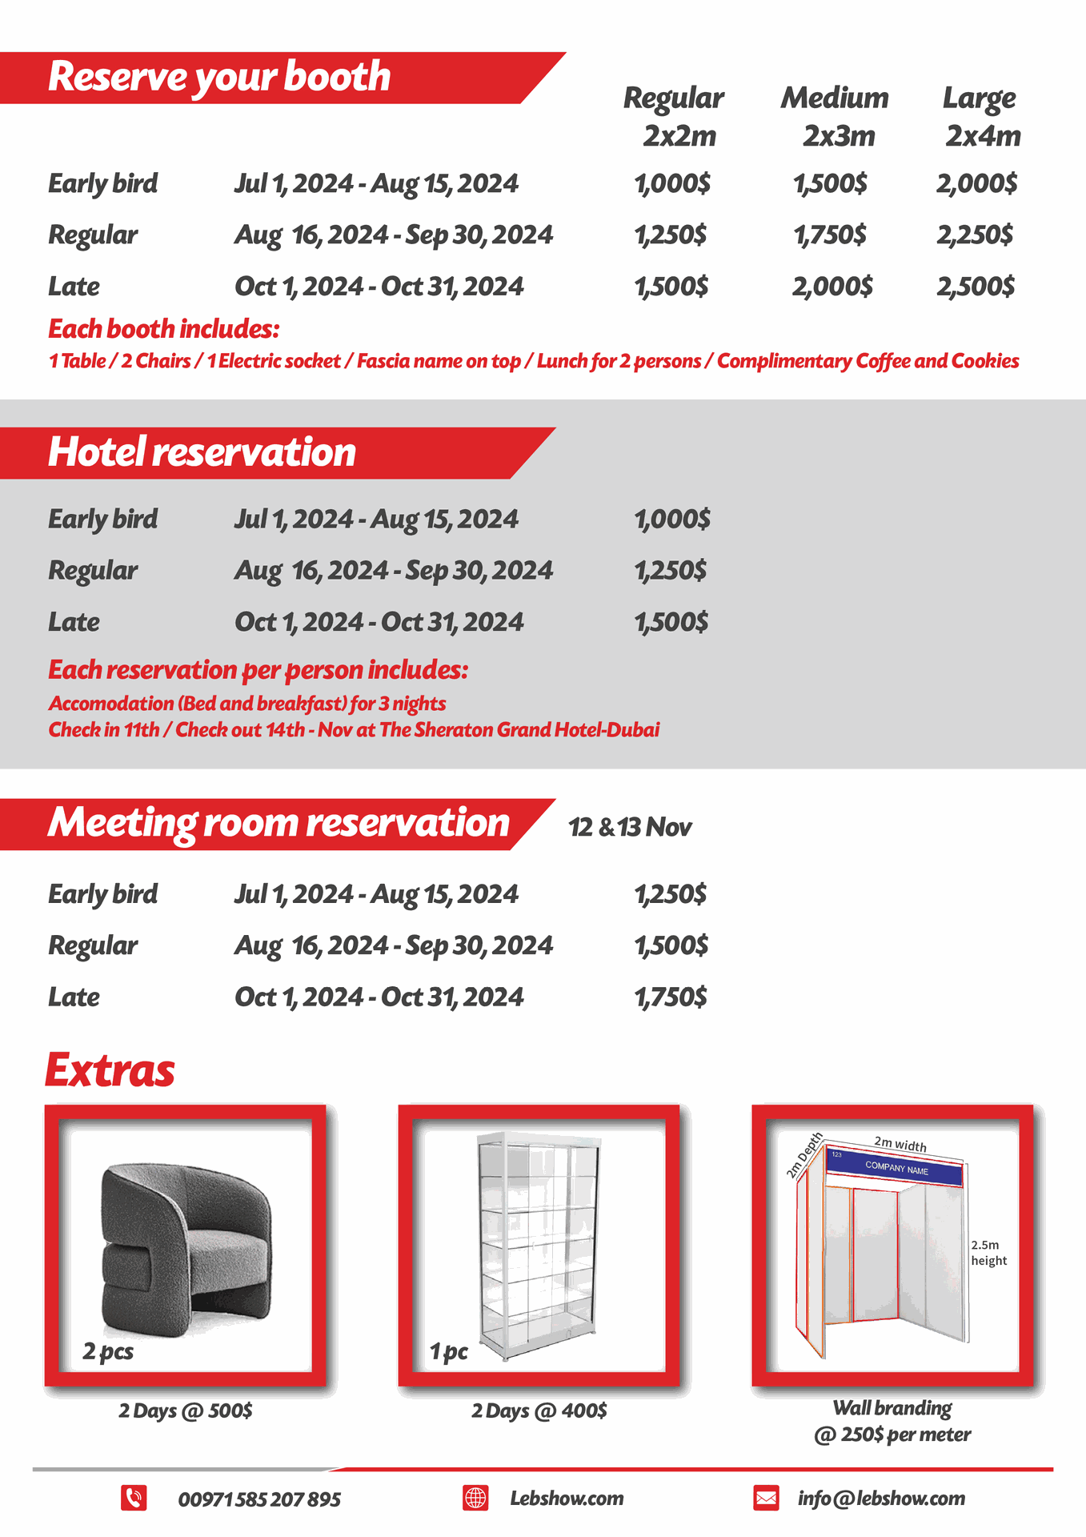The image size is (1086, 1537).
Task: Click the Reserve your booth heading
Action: [x=219, y=77]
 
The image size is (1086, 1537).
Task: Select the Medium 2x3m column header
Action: [x=836, y=117]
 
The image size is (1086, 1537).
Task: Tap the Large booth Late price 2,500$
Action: [x=976, y=287]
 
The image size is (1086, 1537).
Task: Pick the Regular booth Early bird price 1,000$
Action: [x=672, y=184]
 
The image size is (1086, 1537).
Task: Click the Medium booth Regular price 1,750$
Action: [x=830, y=235]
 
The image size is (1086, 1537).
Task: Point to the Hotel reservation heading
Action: [x=202, y=452]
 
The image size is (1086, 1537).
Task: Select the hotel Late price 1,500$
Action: [x=671, y=622]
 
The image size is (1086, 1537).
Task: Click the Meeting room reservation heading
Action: [x=279, y=823]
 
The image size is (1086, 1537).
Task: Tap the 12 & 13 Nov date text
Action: [x=630, y=827]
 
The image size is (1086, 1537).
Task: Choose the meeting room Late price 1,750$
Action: [x=671, y=997]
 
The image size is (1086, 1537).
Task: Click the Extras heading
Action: [x=110, y=1070]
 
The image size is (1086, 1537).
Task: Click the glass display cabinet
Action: [x=539, y=1245]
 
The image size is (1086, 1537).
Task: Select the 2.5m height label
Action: [x=988, y=1253]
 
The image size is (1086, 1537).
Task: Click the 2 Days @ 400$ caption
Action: [x=539, y=1411]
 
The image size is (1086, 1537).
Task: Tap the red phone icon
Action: [x=134, y=1498]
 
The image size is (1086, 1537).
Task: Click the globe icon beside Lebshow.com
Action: [x=475, y=1498]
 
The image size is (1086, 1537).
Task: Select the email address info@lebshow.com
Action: [x=881, y=1499]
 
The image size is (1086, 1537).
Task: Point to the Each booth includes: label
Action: [x=164, y=329]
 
